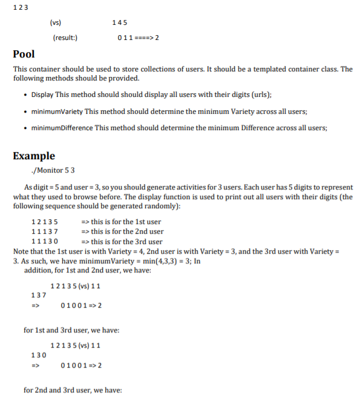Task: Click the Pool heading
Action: [24, 54]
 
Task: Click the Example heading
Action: [34, 156]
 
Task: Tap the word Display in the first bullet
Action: [42, 94]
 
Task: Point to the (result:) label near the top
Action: [65, 38]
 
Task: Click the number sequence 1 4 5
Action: [120, 22]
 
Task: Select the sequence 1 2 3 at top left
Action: [21, 7]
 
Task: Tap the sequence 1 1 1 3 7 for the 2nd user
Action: [44, 232]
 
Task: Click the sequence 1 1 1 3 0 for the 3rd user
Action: [44, 242]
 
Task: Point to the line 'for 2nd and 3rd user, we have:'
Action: [73, 390]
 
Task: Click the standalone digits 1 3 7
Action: [38, 295]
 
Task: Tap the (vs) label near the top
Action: [56, 22]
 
